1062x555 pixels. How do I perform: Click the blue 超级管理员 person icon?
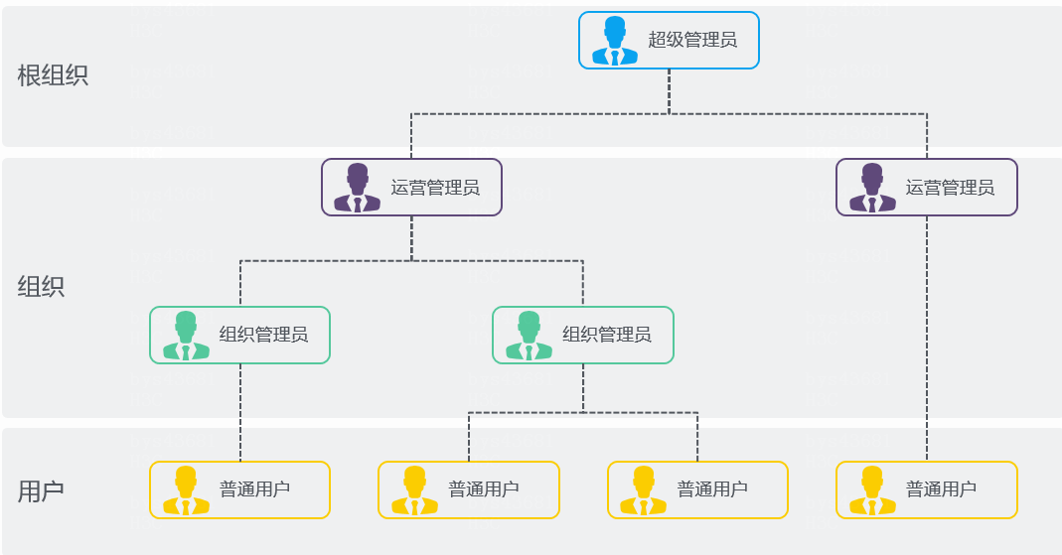614,41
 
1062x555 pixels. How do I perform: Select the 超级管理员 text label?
692,40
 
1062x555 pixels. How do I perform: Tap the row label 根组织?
53,75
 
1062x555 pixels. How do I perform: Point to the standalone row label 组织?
41,286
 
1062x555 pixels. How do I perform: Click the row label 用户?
41,490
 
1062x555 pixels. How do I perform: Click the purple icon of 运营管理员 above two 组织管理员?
357,188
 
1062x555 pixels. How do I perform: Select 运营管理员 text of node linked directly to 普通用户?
950,188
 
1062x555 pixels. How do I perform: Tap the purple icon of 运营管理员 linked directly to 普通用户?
872,188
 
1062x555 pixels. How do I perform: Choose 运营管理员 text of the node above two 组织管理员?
435,188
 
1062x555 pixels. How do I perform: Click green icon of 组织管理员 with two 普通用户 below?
529,335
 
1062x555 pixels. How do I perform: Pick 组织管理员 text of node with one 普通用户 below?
263,335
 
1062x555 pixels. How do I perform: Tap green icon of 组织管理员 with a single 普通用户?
186,335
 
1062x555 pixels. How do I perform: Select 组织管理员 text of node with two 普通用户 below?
607,335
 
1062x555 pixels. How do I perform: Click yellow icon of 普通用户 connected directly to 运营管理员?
872,490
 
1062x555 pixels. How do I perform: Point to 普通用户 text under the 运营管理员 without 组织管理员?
941,488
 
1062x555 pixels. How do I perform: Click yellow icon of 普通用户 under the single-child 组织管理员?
186,490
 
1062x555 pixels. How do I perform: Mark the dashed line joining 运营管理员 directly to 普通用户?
927,339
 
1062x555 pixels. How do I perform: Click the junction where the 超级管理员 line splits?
670,114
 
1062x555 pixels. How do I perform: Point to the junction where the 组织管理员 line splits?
583,412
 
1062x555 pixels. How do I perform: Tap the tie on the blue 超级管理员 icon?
615,57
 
